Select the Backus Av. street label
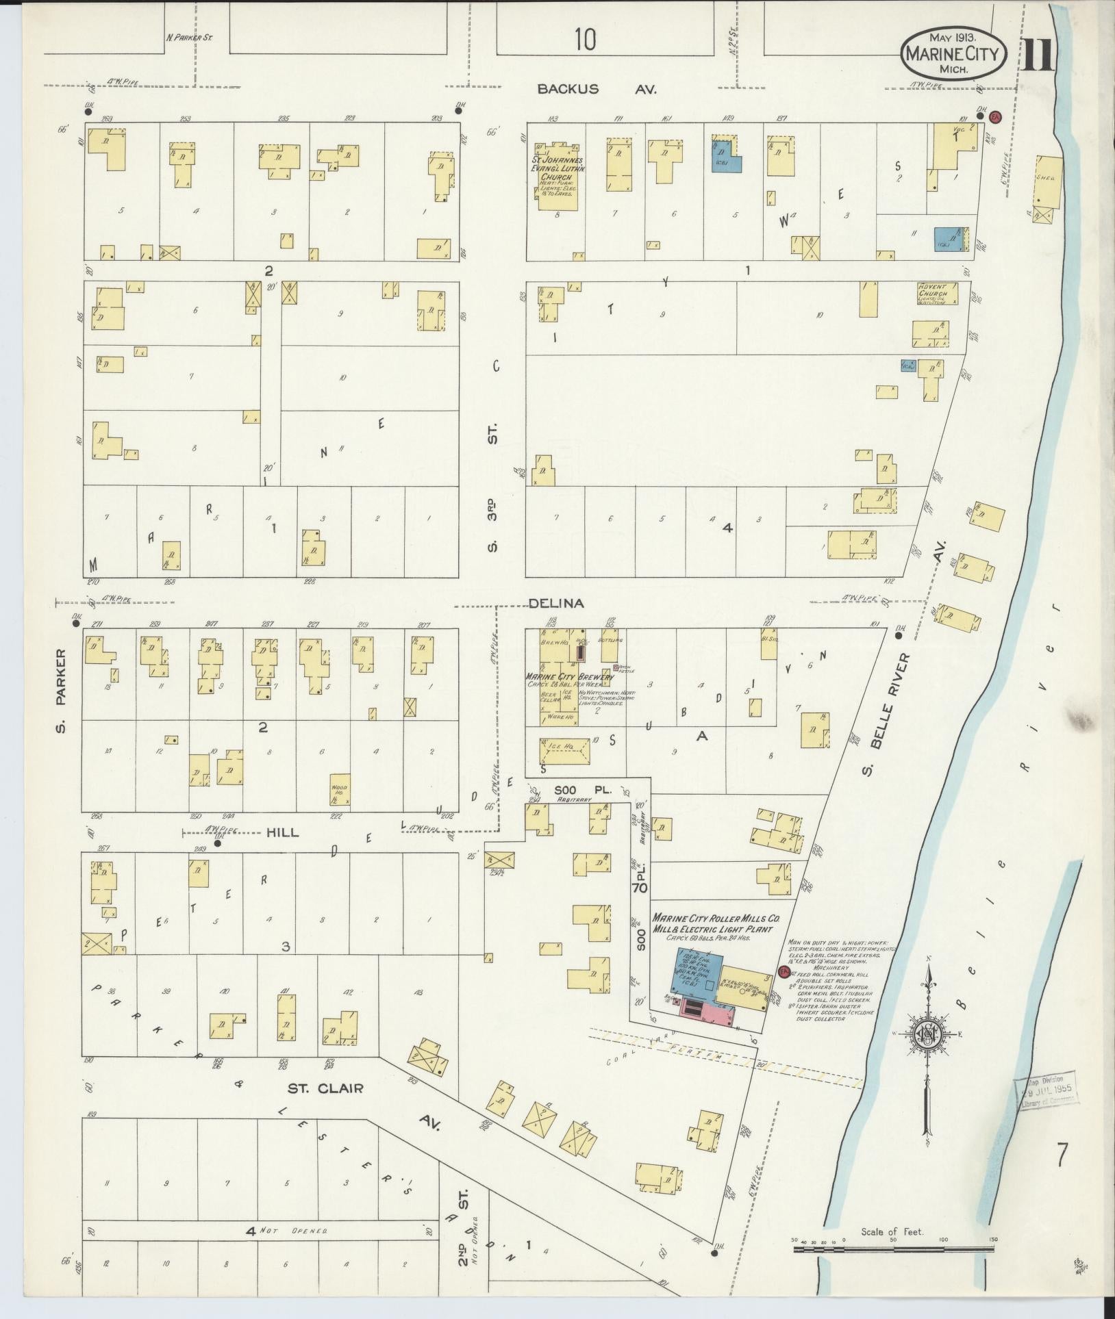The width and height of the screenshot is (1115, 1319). [x=596, y=88]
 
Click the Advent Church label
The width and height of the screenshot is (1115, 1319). [x=933, y=290]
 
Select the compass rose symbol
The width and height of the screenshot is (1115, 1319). [x=927, y=1038]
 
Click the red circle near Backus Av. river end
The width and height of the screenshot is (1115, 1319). [x=996, y=116]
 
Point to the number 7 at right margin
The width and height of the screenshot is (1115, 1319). [x=1061, y=1156]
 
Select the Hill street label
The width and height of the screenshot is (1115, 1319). [x=283, y=832]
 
